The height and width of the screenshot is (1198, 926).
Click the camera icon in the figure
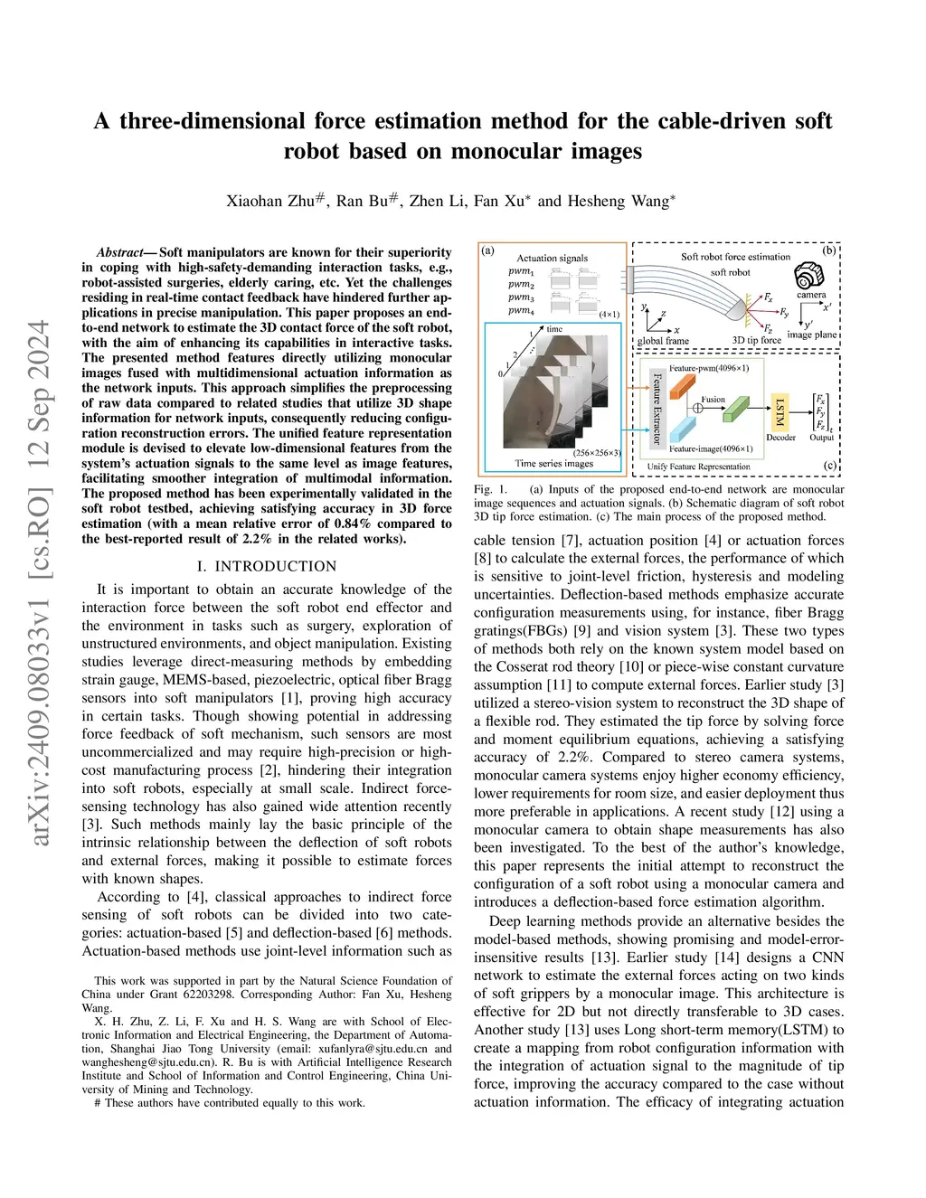(809, 275)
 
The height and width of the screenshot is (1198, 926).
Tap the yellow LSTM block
(780, 410)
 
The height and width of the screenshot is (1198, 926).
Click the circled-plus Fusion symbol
(698, 408)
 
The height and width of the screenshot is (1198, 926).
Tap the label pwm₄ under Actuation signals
(521, 311)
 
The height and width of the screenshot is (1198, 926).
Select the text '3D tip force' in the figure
(756, 340)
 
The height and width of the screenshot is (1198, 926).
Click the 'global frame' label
(664, 341)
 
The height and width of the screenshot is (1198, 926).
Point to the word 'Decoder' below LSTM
(780, 438)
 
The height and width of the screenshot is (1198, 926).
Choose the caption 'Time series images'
(554, 464)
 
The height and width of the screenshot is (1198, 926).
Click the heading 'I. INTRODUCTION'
(267, 566)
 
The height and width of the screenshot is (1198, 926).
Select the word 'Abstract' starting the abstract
(120, 252)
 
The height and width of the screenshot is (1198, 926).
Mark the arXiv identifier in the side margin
(41, 584)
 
